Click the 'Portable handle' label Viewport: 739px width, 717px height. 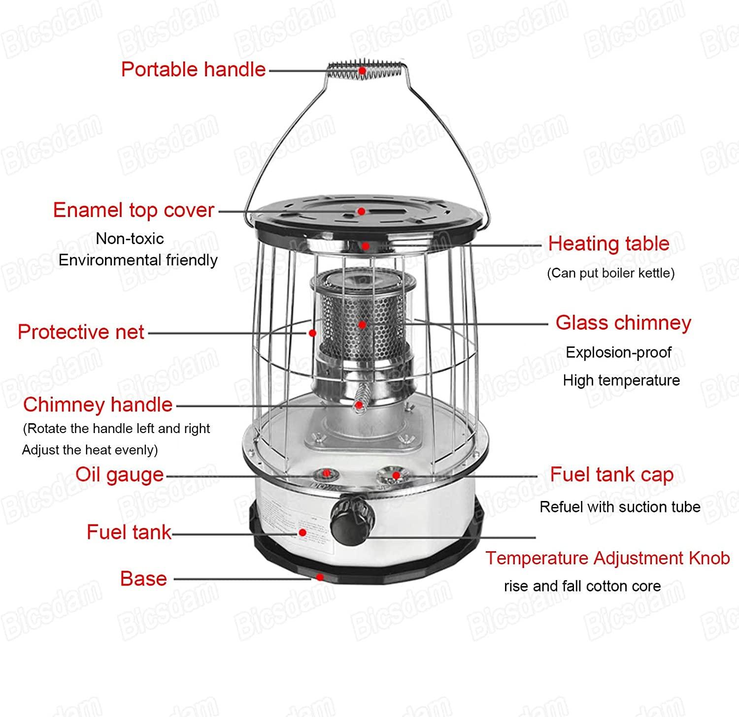(193, 69)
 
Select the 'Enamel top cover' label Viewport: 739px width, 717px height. (134, 210)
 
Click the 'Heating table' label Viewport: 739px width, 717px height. (608, 244)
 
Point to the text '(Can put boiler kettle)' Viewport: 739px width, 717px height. (610, 273)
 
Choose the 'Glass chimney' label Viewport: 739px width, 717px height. (623, 323)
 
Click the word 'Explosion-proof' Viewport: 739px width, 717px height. (618, 352)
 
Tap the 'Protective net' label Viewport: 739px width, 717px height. (81, 332)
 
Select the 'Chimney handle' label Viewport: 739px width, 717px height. (98, 405)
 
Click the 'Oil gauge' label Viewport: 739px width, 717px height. (119, 475)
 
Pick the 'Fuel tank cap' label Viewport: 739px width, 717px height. (611, 475)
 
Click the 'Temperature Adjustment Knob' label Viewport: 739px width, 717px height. (607, 558)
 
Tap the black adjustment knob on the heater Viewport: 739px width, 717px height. (352, 520)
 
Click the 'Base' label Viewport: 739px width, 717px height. (143, 579)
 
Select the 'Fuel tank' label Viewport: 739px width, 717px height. (129, 532)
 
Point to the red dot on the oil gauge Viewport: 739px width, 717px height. (326, 473)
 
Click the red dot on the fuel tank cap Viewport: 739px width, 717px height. (396, 475)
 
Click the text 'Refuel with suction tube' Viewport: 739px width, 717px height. (620, 507)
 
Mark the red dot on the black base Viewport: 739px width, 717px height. (320, 577)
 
